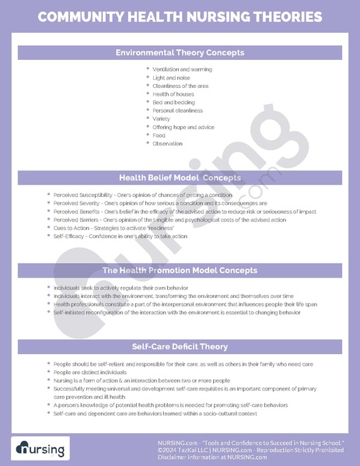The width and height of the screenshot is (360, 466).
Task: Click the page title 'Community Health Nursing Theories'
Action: [x=180, y=16]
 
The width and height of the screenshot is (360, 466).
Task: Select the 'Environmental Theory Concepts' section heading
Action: [x=180, y=53]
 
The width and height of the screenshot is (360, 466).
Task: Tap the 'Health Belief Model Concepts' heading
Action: [x=180, y=177]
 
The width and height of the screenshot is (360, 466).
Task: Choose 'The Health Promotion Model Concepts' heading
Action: [x=180, y=271]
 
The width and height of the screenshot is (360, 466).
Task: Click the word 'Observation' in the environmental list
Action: [x=168, y=143]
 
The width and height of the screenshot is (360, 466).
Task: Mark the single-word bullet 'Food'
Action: [x=159, y=135]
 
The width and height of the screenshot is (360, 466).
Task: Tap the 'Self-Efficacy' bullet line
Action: [x=121, y=236]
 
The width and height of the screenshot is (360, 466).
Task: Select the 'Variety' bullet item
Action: [x=162, y=119]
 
